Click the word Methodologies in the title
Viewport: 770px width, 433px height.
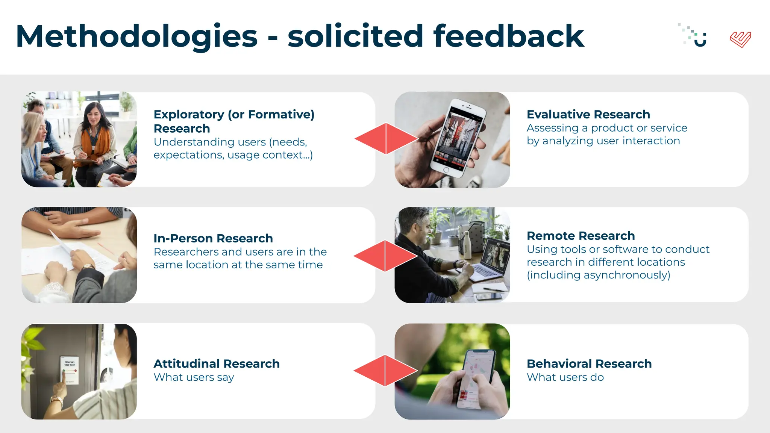136,36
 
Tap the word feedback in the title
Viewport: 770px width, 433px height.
508,36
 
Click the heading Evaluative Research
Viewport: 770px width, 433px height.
588,114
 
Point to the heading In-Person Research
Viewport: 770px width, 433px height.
213,238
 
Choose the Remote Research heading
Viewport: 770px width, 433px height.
581,236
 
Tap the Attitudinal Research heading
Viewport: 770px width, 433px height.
217,363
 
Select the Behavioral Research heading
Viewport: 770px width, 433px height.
589,363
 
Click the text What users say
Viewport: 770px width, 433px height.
194,377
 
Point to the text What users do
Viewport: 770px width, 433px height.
565,377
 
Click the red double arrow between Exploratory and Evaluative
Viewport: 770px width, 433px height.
386,139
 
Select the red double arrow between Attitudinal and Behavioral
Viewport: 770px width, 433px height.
385,371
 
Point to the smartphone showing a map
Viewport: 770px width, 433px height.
476,378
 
